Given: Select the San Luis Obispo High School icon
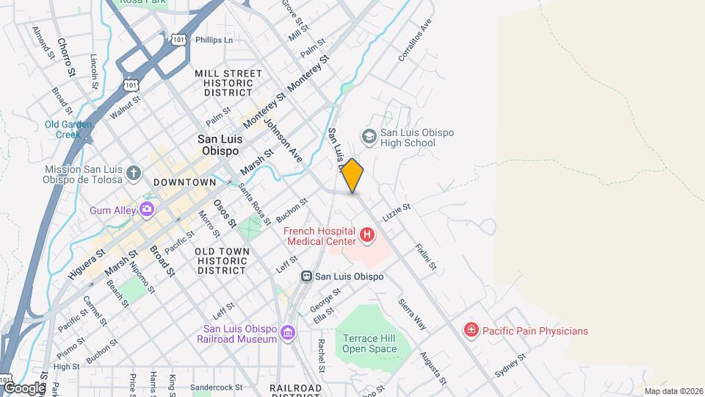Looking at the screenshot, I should coord(368,137).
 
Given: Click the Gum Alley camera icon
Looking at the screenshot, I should coord(147,210).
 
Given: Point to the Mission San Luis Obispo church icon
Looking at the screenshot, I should coord(133,172).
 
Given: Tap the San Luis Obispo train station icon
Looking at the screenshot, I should coord(306,276).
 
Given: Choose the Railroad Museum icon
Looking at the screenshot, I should coord(287,333).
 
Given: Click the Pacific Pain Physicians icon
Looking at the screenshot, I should coord(471,331).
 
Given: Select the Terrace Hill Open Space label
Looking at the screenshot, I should coord(369,343).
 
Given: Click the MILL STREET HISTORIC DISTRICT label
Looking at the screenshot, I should coord(228,83).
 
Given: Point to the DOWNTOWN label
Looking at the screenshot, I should coord(185,182).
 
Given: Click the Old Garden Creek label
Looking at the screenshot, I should coord(68,129).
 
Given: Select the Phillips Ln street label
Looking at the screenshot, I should coord(214,40).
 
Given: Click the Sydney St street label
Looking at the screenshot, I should coord(510,365).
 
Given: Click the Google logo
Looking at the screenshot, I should coord(23,387).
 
